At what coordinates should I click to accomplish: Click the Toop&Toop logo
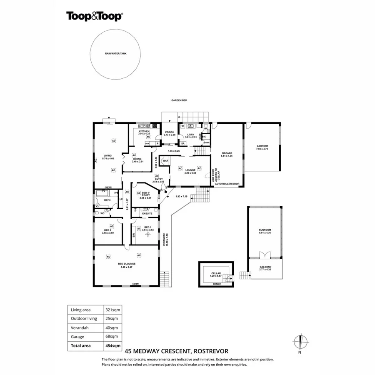click(94, 16)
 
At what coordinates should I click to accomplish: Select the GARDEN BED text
click(180, 101)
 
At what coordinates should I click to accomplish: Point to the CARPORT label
click(262, 146)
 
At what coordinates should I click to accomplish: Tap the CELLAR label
click(215, 273)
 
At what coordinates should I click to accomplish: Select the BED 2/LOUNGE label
click(127, 264)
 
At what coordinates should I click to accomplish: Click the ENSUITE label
click(147, 214)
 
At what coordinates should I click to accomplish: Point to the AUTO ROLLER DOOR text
click(227, 183)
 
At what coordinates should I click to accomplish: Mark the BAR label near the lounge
click(165, 160)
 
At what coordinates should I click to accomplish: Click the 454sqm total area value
click(112, 345)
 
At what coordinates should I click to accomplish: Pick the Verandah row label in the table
click(79, 327)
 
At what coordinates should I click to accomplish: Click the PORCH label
click(169, 132)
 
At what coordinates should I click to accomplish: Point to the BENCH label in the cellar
click(215, 283)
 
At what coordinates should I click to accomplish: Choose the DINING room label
click(137, 159)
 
